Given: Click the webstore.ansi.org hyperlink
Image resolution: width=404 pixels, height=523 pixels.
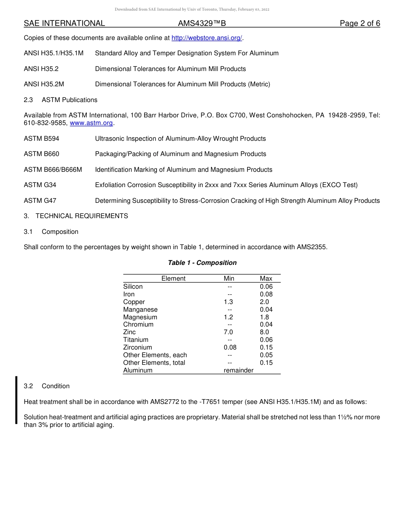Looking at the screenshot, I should [x=207, y=38].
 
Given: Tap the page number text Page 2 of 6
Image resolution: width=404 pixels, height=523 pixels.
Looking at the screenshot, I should [x=360, y=23].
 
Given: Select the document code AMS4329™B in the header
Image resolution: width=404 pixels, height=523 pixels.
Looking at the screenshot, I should [x=202, y=23].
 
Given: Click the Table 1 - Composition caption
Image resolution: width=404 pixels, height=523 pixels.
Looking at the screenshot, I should [x=202, y=263].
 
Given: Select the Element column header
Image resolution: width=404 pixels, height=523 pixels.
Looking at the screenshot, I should [x=174, y=279].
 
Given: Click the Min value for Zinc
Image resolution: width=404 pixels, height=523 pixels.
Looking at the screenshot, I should [x=228, y=332].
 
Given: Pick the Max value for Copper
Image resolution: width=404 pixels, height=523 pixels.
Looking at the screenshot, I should [x=264, y=302].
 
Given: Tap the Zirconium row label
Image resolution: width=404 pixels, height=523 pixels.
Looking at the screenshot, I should [x=137, y=347].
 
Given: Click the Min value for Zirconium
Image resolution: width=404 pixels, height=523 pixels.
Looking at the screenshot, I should [x=230, y=347].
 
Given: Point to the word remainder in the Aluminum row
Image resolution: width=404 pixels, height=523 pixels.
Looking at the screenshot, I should [x=239, y=370].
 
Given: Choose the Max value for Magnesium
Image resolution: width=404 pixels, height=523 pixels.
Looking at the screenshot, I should [x=264, y=317].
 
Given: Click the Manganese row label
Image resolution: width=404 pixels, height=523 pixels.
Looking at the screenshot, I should [x=140, y=310].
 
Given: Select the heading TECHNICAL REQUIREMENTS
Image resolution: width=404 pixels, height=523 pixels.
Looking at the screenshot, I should [x=82, y=216].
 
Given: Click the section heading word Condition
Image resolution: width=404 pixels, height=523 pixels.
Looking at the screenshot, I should [x=56, y=386].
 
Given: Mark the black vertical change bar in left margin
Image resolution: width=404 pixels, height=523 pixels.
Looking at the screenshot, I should [x=17, y=400].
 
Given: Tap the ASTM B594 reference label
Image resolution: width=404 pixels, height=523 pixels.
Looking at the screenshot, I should [x=41, y=139].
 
